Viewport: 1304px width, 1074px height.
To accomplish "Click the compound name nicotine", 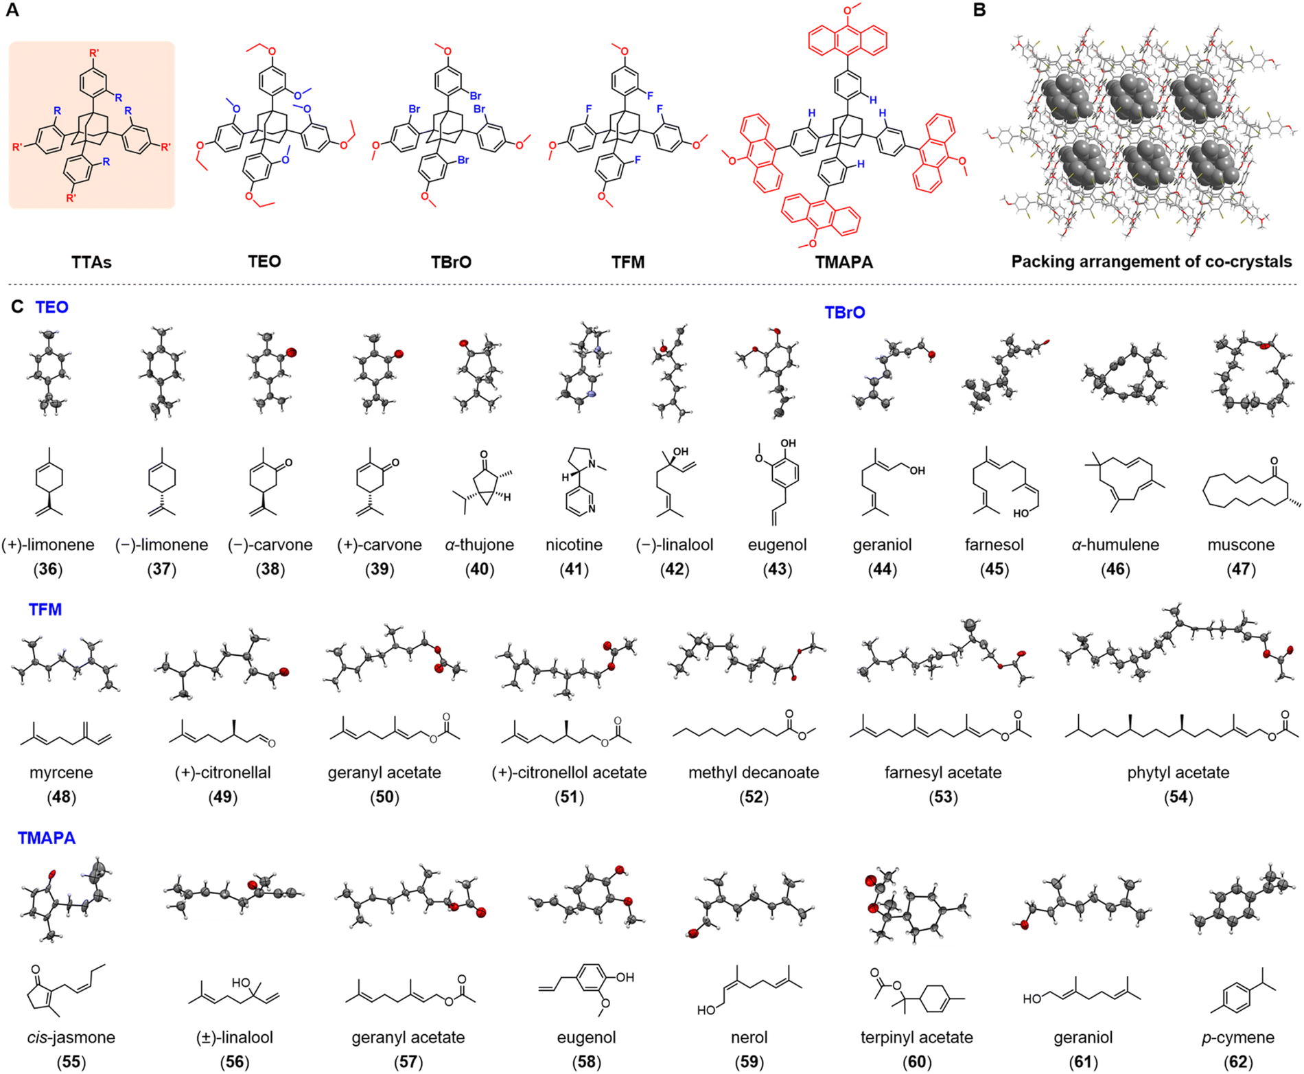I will [x=574, y=545].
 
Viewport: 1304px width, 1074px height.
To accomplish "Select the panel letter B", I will [x=979, y=10].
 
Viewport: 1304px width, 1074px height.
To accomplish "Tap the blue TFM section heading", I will [x=45, y=610].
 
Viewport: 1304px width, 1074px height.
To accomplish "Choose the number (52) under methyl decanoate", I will [x=754, y=797].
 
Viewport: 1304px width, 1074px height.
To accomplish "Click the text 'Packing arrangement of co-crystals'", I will [x=1151, y=262].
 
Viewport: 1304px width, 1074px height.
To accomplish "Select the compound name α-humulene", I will [x=1115, y=545].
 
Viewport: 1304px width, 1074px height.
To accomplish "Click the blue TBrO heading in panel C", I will [x=844, y=313].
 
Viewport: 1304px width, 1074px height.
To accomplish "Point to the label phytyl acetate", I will [x=1178, y=773].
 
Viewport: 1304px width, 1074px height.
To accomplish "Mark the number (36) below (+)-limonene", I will [x=47, y=569].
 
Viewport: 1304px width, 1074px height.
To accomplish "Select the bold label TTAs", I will [x=91, y=262].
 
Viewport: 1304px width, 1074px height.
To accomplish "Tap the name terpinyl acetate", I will [x=916, y=1037].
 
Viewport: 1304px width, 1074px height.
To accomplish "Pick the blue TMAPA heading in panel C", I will [x=47, y=838].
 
